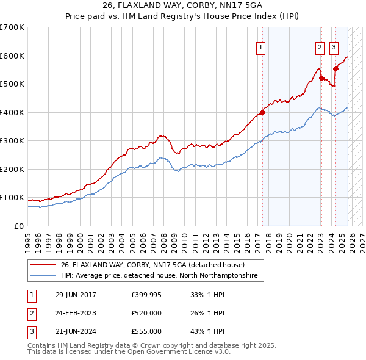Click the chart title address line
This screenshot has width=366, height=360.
pyautogui.click(x=182, y=6)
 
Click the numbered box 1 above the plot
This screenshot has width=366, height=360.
pyautogui.click(x=261, y=46)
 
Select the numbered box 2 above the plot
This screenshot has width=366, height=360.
pyautogui.click(x=320, y=46)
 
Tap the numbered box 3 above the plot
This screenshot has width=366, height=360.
pyautogui.click(x=334, y=46)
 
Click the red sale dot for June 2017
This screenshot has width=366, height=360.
pyautogui.click(x=262, y=112)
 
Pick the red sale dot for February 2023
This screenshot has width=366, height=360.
pyautogui.click(x=321, y=78)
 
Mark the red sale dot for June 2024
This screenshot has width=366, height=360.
pyautogui.click(x=335, y=68)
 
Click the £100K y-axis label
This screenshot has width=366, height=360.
pyautogui.click(x=12, y=198)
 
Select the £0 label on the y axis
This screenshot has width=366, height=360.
pyautogui.click(x=20, y=226)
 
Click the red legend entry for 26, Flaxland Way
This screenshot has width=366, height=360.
pyautogui.click(x=152, y=265)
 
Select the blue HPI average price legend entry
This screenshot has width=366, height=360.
pyautogui.click(x=159, y=276)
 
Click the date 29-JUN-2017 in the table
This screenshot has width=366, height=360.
pyautogui.click(x=76, y=295)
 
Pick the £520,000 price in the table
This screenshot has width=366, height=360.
pyautogui.click(x=146, y=313)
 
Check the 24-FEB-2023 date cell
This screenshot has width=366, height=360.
pyautogui.click(x=76, y=313)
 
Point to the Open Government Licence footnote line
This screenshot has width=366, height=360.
pyautogui.click(x=129, y=352)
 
